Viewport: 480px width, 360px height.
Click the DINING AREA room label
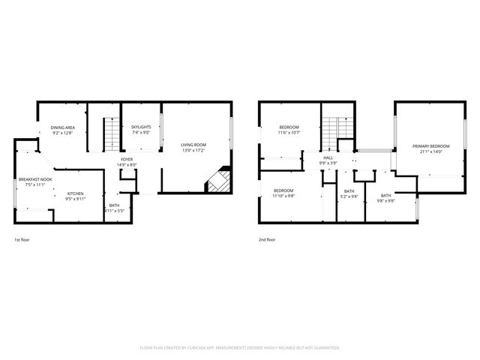tap(63, 128)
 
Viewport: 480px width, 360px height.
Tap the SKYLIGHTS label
tap(141, 127)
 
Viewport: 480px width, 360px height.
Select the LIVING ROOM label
tap(193, 145)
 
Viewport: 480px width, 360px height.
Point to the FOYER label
tap(127, 160)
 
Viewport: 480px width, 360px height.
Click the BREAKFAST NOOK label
tap(35, 179)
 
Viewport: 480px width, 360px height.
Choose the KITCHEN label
tap(75, 193)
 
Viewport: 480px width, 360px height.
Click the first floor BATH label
tap(114, 205)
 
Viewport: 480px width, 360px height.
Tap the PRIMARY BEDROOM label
tap(431, 145)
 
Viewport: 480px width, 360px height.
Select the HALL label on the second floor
tap(328, 157)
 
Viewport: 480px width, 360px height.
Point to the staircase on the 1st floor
tap(111, 133)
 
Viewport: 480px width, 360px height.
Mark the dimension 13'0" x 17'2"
tap(193, 151)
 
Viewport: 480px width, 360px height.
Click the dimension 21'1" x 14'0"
tap(431, 151)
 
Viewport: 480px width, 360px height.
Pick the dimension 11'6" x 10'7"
tap(289, 133)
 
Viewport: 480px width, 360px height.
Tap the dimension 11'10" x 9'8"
tap(283, 196)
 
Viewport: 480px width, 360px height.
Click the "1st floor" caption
tap(22, 240)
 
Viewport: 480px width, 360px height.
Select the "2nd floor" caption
tap(267, 240)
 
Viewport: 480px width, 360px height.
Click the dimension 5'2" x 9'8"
tap(349, 196)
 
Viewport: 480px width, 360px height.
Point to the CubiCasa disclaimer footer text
tap(240, 348)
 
